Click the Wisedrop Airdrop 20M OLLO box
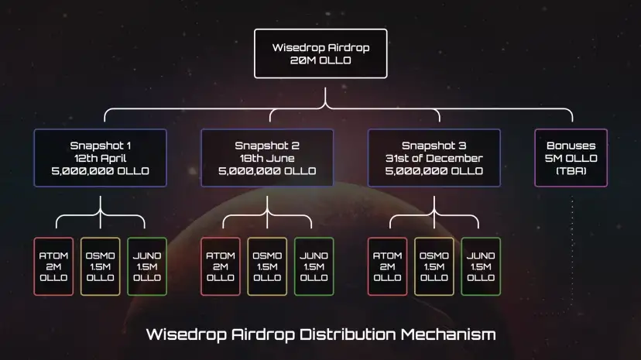point(320,53)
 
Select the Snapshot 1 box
point(100,158)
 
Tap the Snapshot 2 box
point(267,158)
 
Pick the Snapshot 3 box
point(434,158)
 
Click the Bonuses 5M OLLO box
point(571,158)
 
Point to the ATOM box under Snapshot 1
point(53,266)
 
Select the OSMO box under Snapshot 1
point(100,266)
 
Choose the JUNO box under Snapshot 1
point(146,266)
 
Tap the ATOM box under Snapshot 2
point(221,266)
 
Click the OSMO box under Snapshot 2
point(267,266)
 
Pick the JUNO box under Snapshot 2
point(314,266)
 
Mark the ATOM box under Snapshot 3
point(388,266)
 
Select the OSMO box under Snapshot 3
point(434,266)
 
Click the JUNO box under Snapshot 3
point(481,266)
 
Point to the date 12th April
point(100,158)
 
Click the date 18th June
point(267,158)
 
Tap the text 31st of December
point(434,158)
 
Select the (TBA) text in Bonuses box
point(571,170)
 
